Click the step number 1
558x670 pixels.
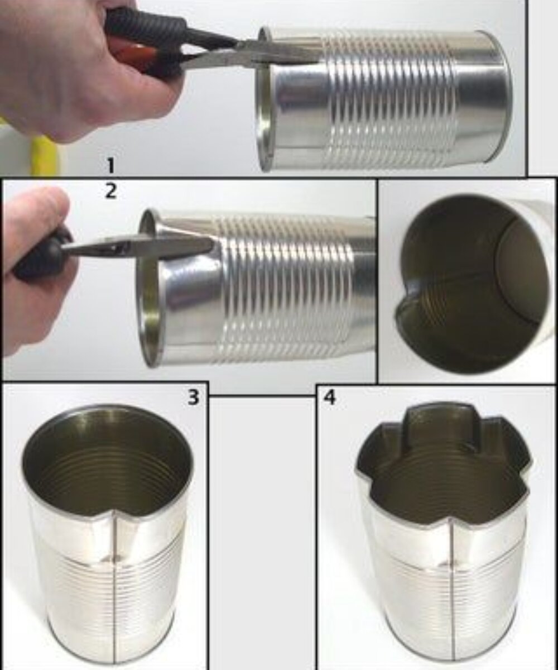tap(110, 166)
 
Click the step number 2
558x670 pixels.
tap(110, 191)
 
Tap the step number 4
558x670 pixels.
tap(330, 398)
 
